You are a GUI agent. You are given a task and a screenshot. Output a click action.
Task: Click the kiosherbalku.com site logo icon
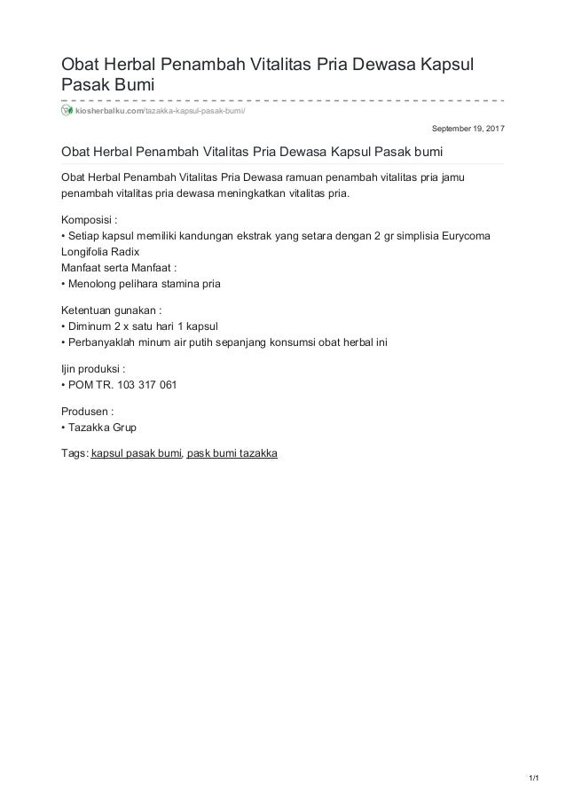(x=66, y=110)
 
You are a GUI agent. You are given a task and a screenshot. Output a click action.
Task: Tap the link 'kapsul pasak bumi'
(x=137, y=453)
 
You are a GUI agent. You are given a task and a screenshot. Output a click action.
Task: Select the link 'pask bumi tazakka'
(x=232, y=453)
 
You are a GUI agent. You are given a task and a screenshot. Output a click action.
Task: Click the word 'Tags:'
(x=74, y=453)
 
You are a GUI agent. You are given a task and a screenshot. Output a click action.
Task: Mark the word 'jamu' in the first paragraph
(x=457, y=177)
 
